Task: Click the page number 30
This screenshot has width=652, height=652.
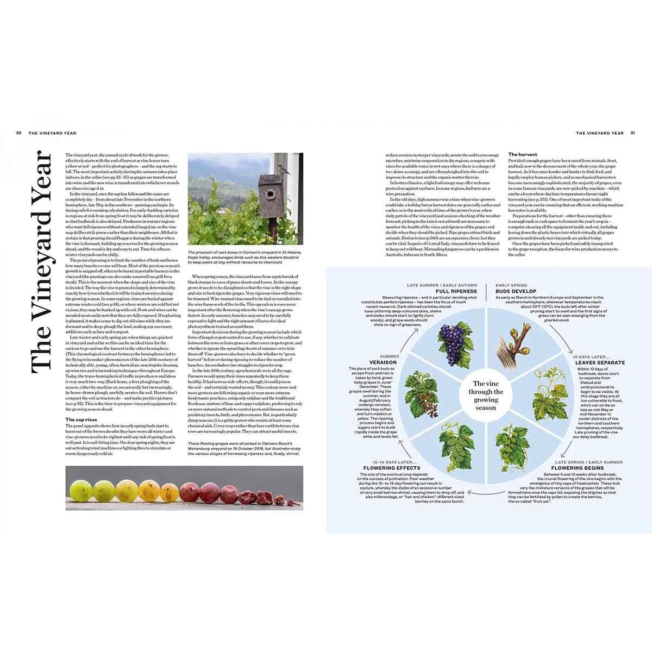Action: pos(18,133)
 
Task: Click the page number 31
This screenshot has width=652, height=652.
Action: pos(633,133)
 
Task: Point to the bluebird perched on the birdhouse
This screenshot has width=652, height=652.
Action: pos(284,171)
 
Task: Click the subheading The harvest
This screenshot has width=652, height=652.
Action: pos(523,155)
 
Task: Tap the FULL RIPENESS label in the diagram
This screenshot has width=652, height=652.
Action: pos(456,291)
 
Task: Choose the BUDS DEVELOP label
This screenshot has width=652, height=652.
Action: pos(516,291)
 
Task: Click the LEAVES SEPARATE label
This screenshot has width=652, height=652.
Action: pos(600,362)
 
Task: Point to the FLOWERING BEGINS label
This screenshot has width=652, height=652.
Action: pos(577,468)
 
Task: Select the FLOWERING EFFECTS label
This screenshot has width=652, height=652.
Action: pos(392,468)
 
